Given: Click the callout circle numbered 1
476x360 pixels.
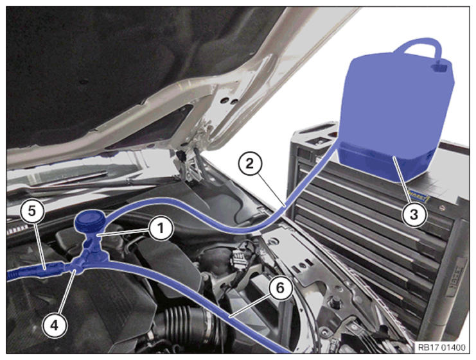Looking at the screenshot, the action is point(161,228).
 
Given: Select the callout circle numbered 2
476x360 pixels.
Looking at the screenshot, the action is point(249,164).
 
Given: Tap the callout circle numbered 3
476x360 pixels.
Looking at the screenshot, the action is point(414,215).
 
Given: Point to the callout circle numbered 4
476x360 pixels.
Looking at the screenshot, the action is point(55,325).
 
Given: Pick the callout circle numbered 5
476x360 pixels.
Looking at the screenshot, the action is point(32,211).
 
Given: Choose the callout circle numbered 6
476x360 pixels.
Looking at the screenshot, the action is point(280,288).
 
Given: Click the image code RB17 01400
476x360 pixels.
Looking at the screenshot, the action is point(441,347).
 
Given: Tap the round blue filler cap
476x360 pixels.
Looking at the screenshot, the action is point(90,221).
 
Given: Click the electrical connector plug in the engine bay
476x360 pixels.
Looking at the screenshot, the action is point(238,259).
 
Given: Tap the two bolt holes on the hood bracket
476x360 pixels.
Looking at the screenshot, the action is point(229,100).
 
